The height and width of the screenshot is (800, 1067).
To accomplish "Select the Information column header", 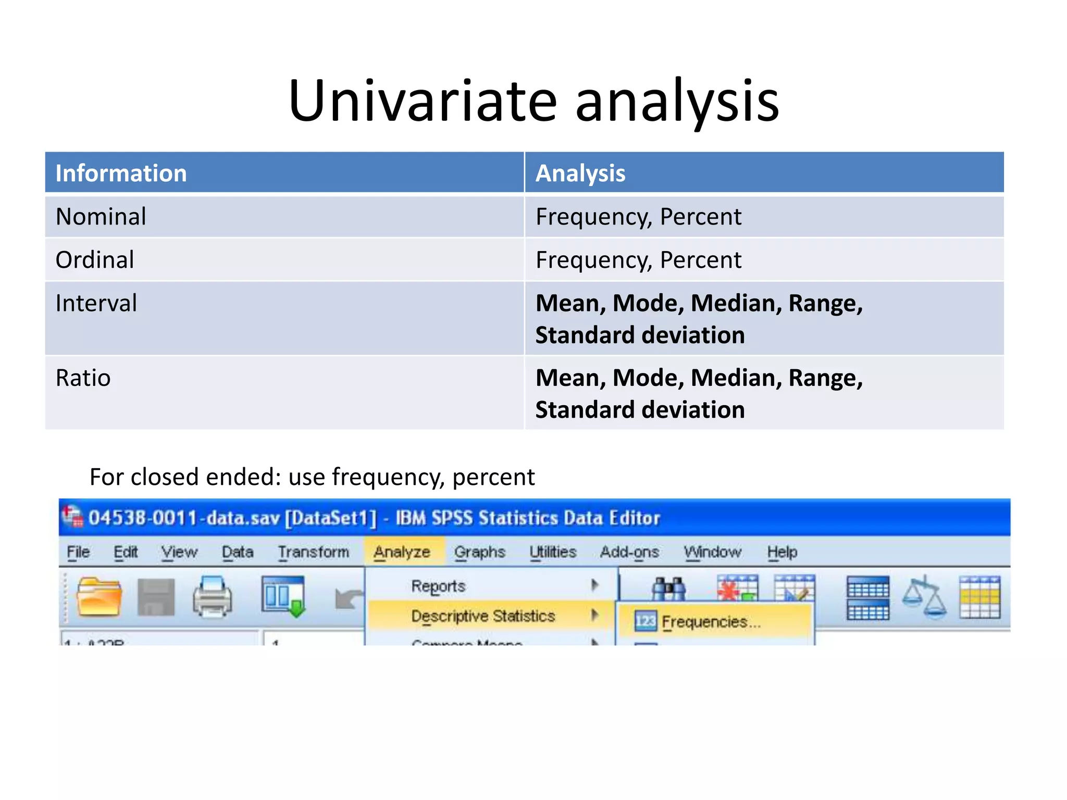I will coord(121,173).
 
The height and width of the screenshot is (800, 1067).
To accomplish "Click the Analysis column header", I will coord(580,173).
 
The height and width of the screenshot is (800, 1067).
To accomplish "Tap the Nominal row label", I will coord(101,216).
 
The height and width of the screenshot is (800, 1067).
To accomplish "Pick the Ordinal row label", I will coord(95,259).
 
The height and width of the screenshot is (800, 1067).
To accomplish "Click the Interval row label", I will coord(96,303).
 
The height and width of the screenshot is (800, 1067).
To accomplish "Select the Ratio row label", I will coord(83,378).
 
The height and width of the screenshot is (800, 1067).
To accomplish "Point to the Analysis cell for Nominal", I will coord(638,216).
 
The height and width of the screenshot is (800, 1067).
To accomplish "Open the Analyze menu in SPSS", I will coord(402,552).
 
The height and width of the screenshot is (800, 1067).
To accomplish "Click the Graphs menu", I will coord(479,552).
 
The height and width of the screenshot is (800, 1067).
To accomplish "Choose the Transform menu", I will coord(313,552).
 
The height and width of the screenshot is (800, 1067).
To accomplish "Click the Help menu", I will coord(781,552).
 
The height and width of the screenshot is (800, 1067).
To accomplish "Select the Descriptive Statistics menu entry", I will coord(482,616).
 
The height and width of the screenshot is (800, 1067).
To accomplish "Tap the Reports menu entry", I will coord(438,586).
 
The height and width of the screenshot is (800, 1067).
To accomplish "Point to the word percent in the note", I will coord(493,477).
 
